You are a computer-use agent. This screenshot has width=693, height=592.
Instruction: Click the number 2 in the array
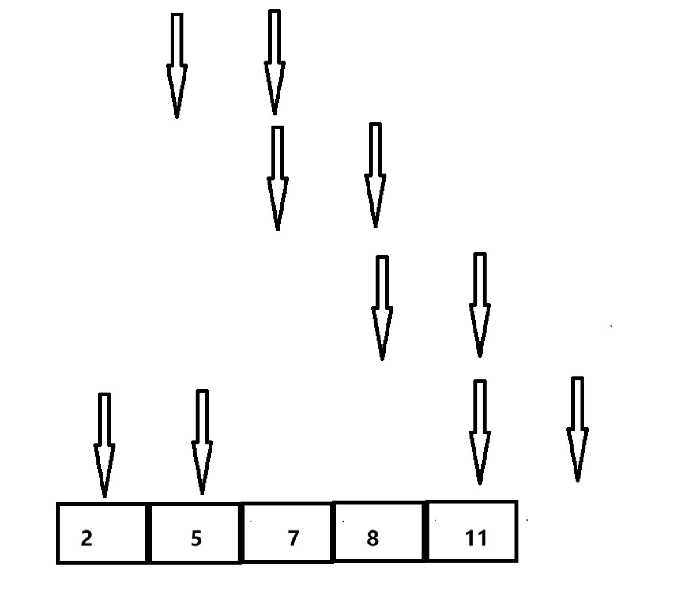(87, 538)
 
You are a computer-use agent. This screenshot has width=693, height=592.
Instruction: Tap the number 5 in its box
(196, 538)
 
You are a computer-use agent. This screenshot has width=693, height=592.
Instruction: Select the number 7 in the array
(292, 538)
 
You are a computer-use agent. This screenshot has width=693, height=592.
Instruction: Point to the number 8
(373, 538)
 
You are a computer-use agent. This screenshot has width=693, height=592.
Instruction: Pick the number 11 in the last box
(476, 538)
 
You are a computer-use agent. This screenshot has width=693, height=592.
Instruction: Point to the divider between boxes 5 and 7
(241, 533)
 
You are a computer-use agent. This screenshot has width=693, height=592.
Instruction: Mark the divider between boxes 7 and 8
(333, 532)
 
